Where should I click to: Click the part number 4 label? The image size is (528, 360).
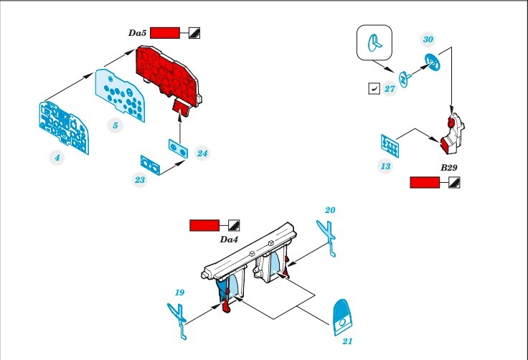coord(56,156)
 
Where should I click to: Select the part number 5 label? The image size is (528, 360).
coord(114,125)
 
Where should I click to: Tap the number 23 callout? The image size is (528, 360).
coord(140,180)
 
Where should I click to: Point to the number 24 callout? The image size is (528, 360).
coord(202,153)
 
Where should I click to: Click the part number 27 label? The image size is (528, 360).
coord(390,89)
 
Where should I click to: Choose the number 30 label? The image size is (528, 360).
coord(428,39)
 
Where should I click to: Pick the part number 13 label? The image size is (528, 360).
coord(386,166)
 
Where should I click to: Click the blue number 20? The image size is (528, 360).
coord(330,210)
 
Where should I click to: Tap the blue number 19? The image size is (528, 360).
coord(179,293)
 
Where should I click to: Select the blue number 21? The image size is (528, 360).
coord(347,341)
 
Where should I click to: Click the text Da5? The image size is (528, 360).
coord(136,33)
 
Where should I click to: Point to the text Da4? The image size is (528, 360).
coord(229,239)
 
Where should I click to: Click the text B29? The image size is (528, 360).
coord(450,167)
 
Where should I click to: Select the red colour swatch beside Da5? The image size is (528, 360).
coord(166,33)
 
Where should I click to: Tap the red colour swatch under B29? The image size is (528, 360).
coord(424,183)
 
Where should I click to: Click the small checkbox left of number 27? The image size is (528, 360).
coord(372,88)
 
